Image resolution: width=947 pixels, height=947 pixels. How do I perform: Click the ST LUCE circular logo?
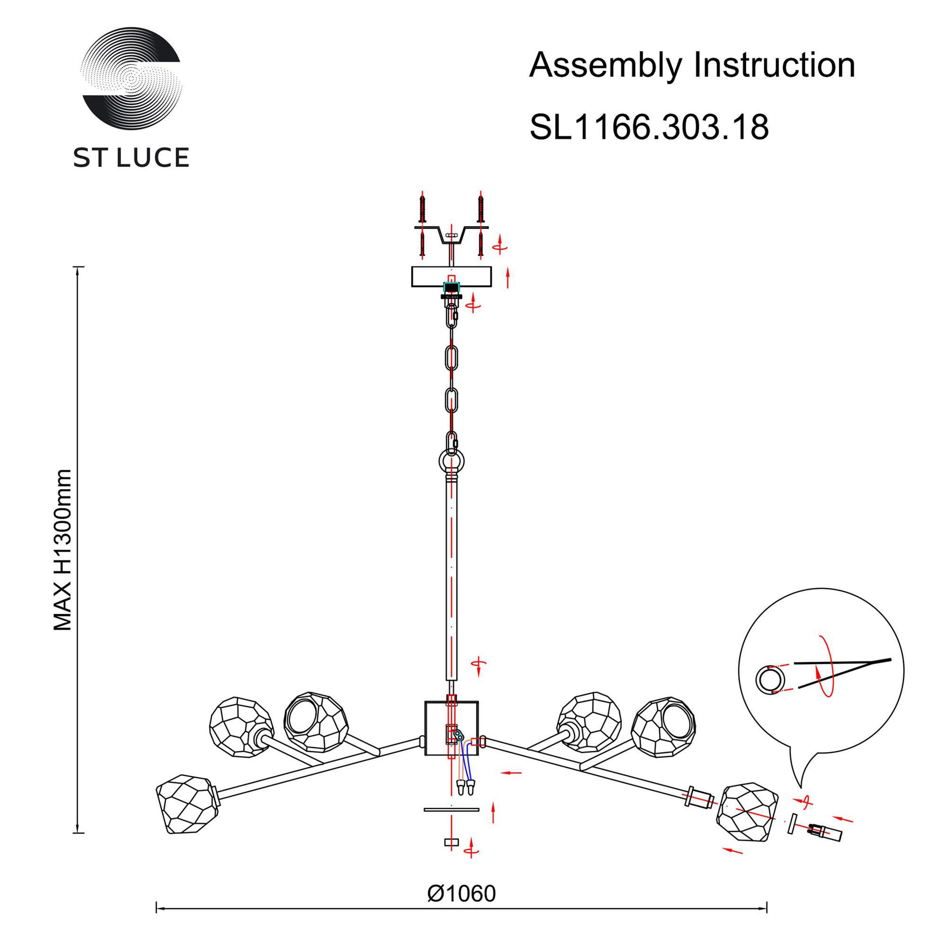tap(132, 78)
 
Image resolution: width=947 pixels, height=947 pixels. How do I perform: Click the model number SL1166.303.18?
tap(649, 128)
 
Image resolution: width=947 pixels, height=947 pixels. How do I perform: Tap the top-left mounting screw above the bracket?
tap(421, 208)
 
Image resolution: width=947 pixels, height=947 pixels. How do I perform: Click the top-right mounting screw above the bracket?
tap(481, 208)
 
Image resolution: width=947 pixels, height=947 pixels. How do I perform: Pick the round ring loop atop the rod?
tap(451, 461)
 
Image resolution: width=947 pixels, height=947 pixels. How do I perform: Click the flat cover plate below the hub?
tap(451, 809)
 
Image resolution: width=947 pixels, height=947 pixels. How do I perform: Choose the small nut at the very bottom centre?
tap(451, 842)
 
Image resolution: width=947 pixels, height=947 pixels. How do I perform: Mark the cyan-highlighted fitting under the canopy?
tap(450, 288)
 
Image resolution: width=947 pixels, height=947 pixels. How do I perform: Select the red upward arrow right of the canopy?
tap(508, 277)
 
